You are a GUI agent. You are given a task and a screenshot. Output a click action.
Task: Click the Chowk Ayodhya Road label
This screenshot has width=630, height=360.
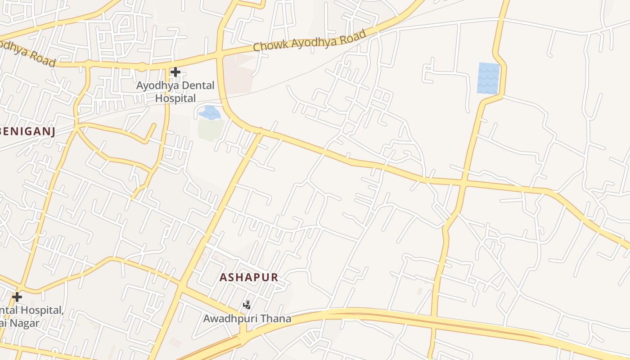pos(310,40)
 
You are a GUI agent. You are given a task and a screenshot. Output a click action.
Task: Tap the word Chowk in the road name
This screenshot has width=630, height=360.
pos(269,46)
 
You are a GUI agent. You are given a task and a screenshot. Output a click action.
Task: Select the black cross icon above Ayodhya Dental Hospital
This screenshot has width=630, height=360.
pos(175,72)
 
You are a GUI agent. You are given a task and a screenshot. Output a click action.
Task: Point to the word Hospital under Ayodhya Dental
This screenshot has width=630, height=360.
pos(175,98)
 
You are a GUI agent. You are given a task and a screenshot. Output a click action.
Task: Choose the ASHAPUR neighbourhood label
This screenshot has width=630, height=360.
pos(249,277)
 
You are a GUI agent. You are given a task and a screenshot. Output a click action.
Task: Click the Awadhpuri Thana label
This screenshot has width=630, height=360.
pos(247,319)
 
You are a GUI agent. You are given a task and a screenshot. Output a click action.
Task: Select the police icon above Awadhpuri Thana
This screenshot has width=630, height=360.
pos(247,305)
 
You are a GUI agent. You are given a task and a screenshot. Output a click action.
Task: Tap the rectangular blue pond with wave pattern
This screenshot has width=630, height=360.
pos(488,78)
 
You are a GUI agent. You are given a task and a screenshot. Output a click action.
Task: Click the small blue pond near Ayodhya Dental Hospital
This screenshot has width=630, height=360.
pos(209,112)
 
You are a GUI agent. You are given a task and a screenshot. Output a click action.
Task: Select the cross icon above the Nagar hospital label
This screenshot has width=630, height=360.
pos(17,297)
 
